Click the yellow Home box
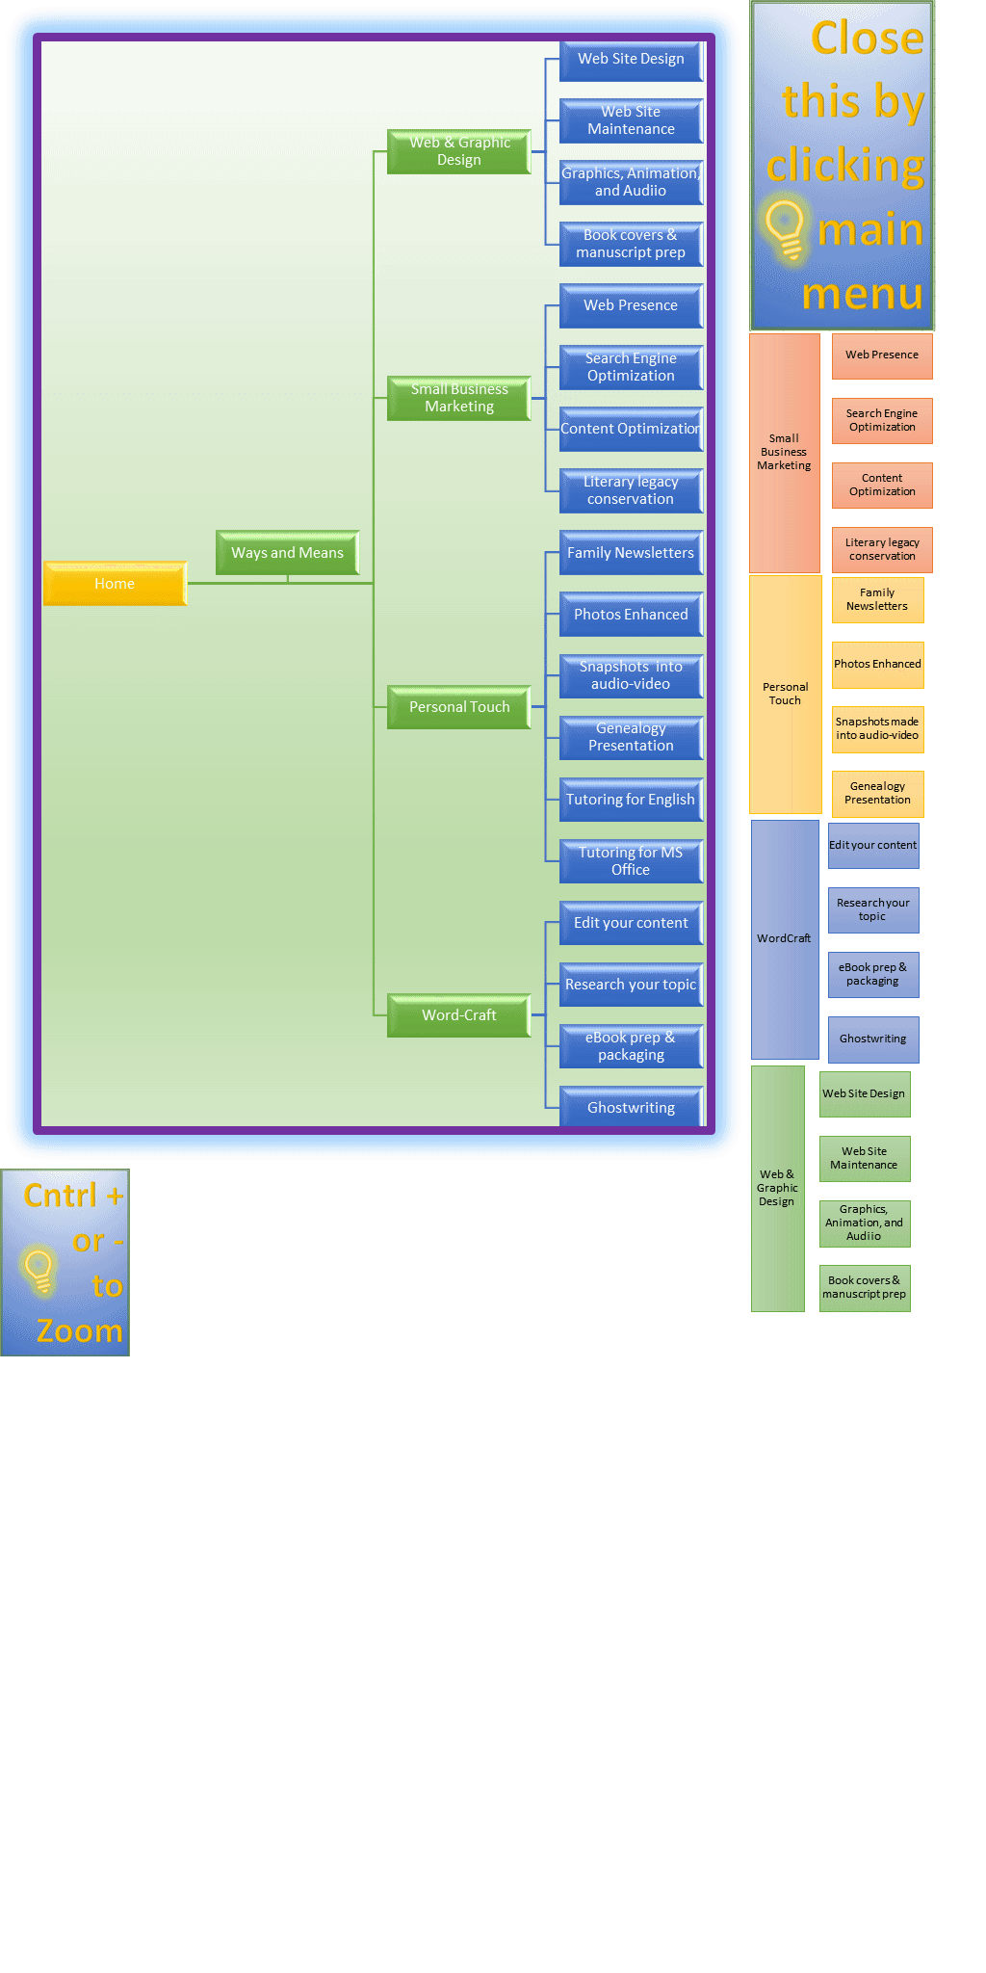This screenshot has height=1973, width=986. [x=115, y=584]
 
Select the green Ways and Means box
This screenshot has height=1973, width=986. [x=287, y=553]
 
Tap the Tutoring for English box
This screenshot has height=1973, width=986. [x=631, y=800]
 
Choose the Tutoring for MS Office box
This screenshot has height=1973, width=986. [x=631, y=861]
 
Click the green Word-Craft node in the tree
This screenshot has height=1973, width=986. [x=459, y=1015]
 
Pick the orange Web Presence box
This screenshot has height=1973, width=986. [x=882, y=355]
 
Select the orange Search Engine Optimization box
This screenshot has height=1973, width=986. [x=882, y=421]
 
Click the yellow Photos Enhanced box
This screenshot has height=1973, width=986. [x=877, y=665]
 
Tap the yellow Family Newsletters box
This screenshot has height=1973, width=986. [x=877, y=600]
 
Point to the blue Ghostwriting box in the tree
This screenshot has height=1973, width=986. [x=631, y=1107]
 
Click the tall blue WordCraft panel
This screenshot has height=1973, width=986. [x=785, y=939]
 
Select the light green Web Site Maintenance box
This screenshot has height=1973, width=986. [x=864, y=1159]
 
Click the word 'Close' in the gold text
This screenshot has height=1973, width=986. [x=867, y=39]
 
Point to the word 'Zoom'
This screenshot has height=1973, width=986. [x=80, y=1331]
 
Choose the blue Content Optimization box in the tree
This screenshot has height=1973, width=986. [x=631, y=430]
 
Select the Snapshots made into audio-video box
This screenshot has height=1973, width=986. [x=877, y=729]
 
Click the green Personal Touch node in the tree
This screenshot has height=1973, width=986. [x=459, y=707]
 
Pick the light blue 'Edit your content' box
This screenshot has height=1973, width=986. [x=873, y=846]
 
